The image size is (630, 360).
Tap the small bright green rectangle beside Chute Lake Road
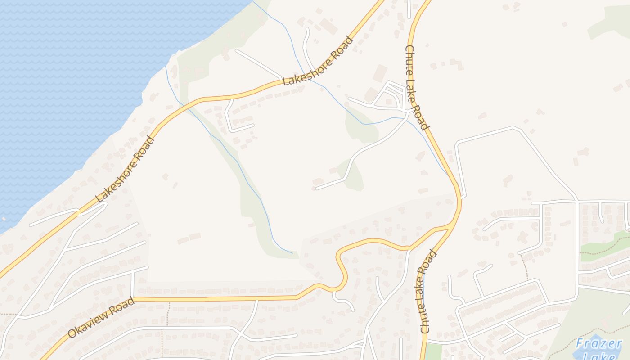pyautogui.click(x=434, y=351)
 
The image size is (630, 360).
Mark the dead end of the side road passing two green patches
pyautogui.click(x=317, y=188)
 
